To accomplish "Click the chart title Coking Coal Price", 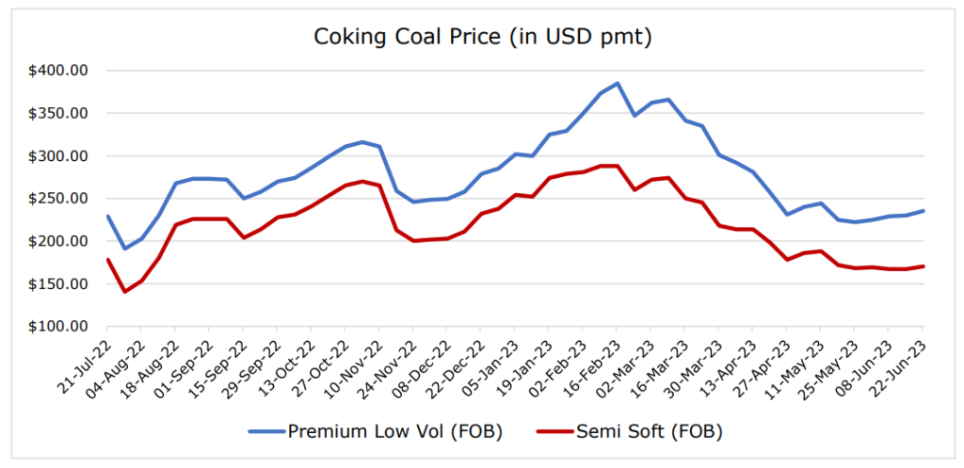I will point(482,38).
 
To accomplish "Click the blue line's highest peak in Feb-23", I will point(617,83).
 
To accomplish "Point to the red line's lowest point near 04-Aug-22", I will point(125,292).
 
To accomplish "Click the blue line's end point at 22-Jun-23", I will point(922,211).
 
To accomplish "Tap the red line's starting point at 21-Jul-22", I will point(108,259).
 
